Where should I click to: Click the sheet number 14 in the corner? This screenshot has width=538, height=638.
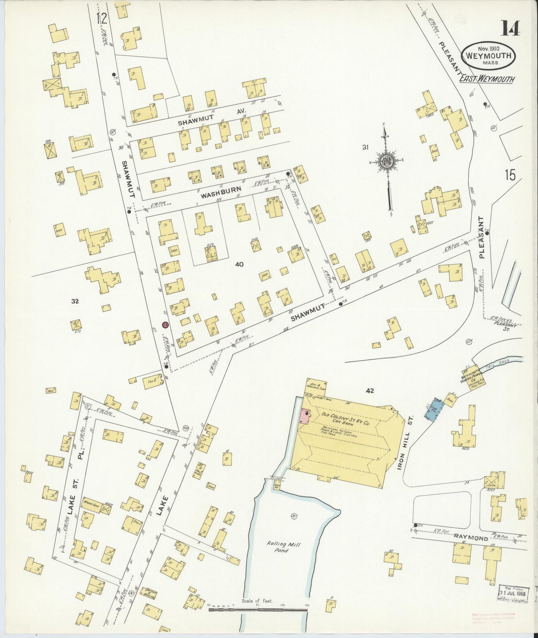pyautogui.click(x=510, y=28)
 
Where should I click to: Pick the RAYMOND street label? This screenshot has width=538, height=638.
pyautogui.click(x=470, y=538)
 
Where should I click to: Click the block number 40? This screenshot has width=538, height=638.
pyautogui.click(x=239, y=264)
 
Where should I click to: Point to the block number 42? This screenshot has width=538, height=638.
pyautogui.click(x=369, y=390)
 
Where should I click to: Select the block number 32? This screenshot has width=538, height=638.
pyautogui.click(x=75, y=301)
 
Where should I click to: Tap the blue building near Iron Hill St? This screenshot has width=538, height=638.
pyautogui.click(x=434, y=409)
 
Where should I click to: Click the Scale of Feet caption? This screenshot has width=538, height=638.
pyautogui.click(x=257, y=601)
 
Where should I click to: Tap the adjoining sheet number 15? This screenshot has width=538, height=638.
pyautogui.click(x=510, y=175)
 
